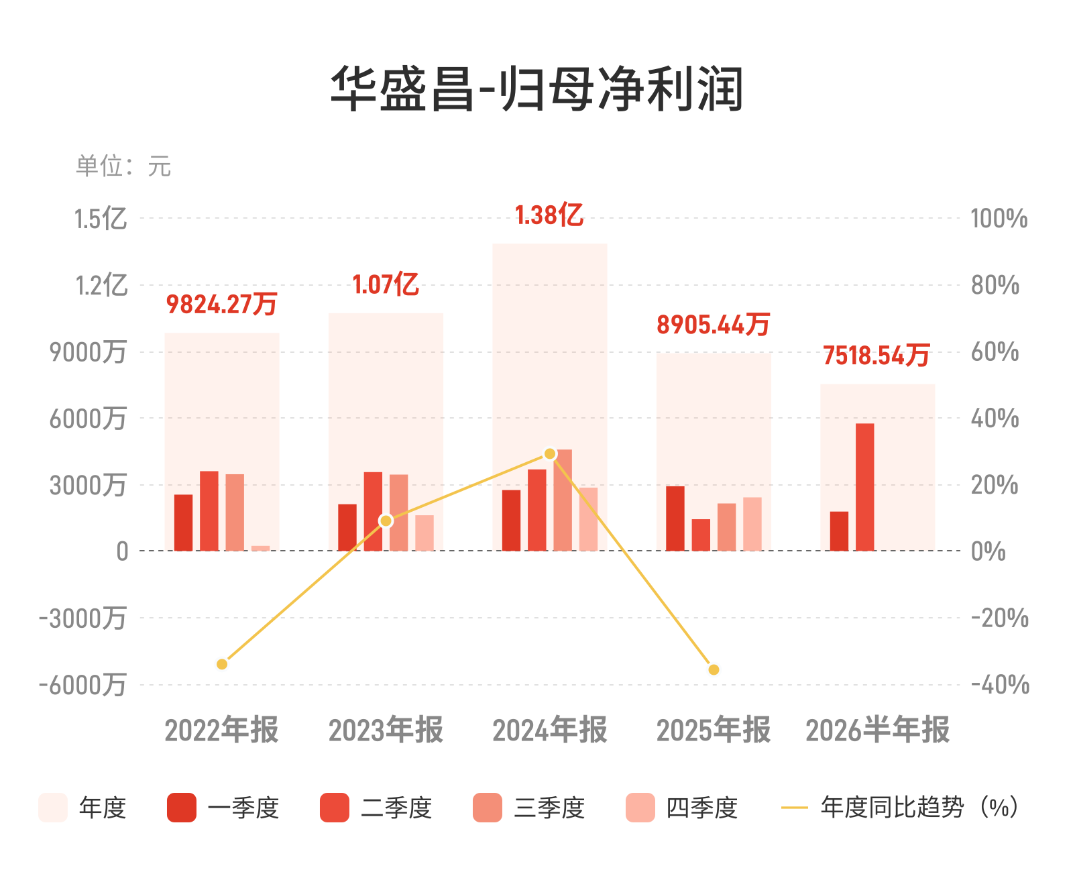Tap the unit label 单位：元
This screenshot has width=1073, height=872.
tap(123, 166)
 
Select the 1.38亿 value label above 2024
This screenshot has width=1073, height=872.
tap(549, 215)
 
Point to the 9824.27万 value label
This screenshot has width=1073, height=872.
tap(222, 304)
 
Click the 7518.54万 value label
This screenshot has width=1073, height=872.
tap(877, 355)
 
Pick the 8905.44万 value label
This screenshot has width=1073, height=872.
tap(714, 325)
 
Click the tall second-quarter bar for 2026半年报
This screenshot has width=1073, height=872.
tap(865, 487)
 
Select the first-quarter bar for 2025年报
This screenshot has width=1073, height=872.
tap(675, 519)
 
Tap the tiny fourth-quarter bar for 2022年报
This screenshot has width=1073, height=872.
tap(260, 548)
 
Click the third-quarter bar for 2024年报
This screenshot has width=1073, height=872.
tap(563, 500)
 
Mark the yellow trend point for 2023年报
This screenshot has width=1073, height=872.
tap(386, 521)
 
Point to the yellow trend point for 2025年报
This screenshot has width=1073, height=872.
tap(714, 669)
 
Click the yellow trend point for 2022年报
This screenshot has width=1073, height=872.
tap(222, 665)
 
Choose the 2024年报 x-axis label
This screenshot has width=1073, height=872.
tap(550, 730)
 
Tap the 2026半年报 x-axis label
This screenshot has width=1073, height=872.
tap(878, 730)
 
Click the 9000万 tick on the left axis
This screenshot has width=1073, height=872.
tap(88, 352)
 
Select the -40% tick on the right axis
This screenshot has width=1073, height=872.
tap(1000, 685)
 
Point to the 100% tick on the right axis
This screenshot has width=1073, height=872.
tap(999, 219)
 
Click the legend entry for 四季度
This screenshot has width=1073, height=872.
tap(682, 808)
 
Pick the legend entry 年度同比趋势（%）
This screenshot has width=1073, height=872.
tap(900, 808)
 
